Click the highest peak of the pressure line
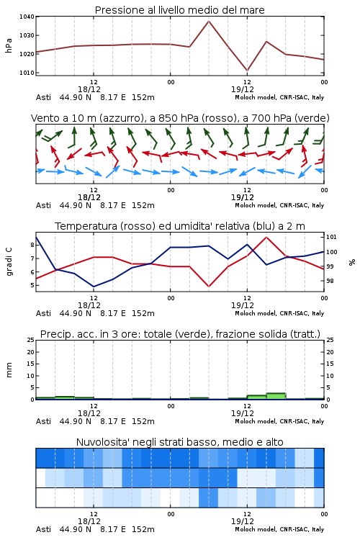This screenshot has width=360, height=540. click(x=209, y=22)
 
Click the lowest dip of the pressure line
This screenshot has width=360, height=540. click(x=247, y=71)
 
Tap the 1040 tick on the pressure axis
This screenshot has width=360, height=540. click(x=27, y=17)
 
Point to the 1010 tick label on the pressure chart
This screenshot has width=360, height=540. click(x=27, y=73)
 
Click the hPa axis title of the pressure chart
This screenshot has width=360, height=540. click(x=9, y=45)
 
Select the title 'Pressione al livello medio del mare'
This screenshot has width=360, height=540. click(x=180, y=10)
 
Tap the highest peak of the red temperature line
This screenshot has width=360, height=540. click(x=266, y=237)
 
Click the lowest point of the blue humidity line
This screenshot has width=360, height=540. click(x=94, y=287)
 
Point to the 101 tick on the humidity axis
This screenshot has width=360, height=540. click(x=331, y=237)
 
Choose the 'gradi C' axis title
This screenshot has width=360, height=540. click(x=9, y=262)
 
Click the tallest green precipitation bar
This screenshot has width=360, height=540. click(x=276, y=396)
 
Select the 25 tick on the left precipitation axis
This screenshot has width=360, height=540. click(x=31, y=340)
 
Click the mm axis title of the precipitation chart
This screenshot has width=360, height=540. click(x=9, y=370)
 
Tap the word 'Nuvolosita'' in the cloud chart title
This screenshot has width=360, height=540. click(x=99, y=442)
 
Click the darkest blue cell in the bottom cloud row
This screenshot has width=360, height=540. click(x=208, y=498)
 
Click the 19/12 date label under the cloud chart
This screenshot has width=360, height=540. click(x=243, y=521)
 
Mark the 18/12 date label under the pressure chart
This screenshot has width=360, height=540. click(x=89, y=89)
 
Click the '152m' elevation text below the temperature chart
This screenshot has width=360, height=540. click(x=143, y=313)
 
